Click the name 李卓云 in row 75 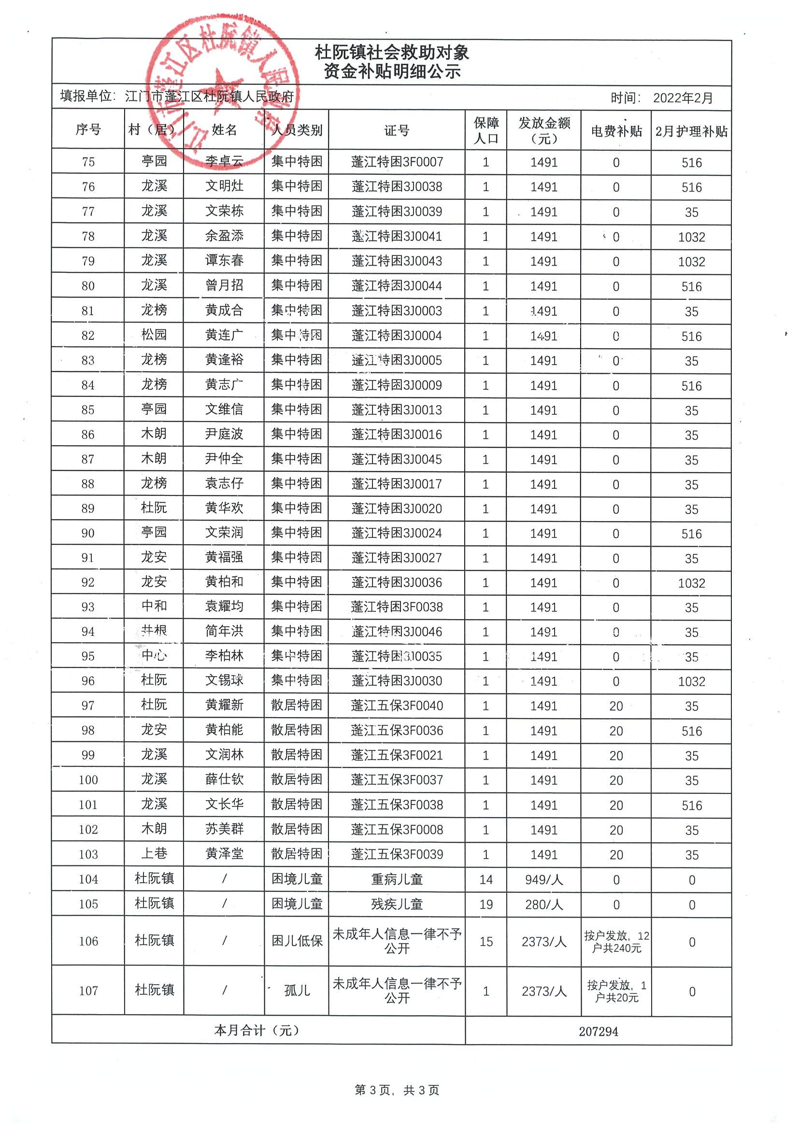pyautogui.click(x=224, y=161)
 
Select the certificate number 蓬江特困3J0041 pyautogui.click(x=396, y=236)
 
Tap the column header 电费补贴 pyautogui.click(x=616, y=131)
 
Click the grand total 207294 pyautogui.click(x=598, y=1031)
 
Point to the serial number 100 pyautogui.click(x=88, y=779)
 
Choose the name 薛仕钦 pyautogui.click(x=224, y=779)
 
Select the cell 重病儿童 pyautogui.click(x=396, y=879)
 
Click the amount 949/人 pyautogui.click(x=543, y=879)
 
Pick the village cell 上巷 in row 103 pyautogui.click(x=154, y=853)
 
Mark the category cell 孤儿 pyautogui.click(x=297, y=990)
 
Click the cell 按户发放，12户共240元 pyautogui.click(x=616, y=942)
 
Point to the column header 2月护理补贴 pyautogui.click(x=691, y=131)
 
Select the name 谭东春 pyautogui.click(x=224, y=261)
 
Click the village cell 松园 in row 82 pyautogui.click(x=154, y=335)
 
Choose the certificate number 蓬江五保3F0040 pyautogui.click(x=396, y=705)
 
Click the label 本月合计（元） pyautogui.click(x=257, y=1030)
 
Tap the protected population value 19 pyautogui.click(x=486, y=904)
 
